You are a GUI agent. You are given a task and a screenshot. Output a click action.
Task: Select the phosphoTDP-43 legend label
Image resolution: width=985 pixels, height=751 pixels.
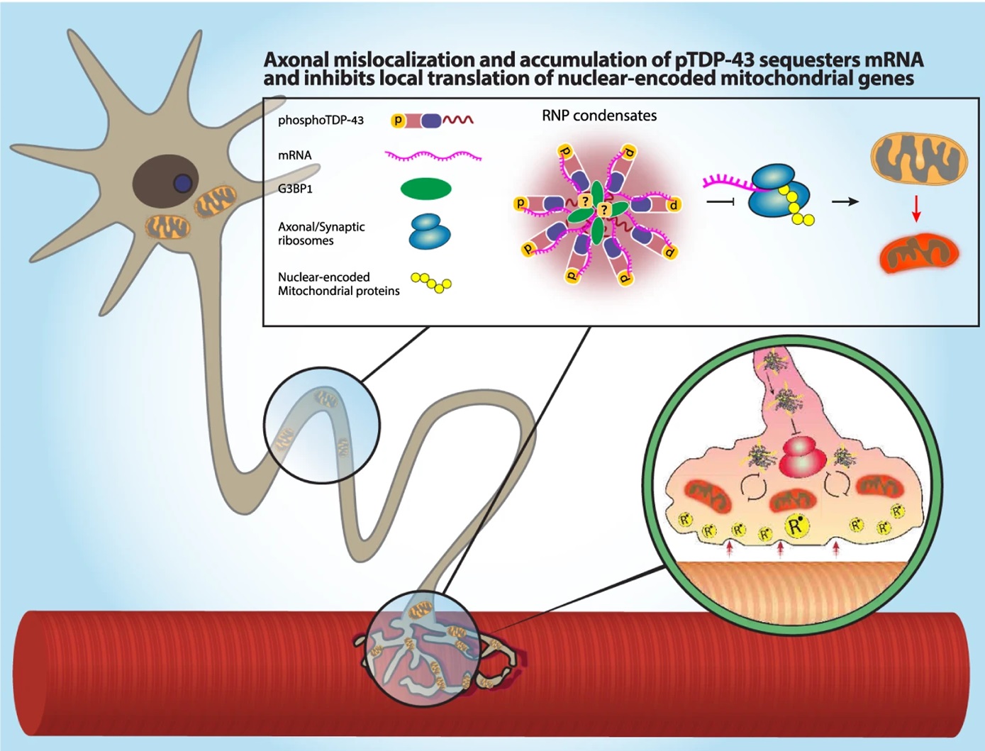click(x=321, y=121)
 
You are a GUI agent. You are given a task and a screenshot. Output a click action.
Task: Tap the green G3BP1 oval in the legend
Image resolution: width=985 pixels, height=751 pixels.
click(x=425, y=189)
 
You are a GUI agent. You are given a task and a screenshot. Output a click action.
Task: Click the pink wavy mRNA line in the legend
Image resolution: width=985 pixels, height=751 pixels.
click(x=433, y=155)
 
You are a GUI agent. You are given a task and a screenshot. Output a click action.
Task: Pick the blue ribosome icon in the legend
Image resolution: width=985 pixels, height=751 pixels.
click(x=429, y=231)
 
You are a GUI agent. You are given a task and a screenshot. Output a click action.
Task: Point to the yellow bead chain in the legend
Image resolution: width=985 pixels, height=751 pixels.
click(x=431, y=283)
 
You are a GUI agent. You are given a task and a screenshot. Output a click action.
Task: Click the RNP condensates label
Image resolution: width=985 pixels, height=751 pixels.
click(x=599, y=116)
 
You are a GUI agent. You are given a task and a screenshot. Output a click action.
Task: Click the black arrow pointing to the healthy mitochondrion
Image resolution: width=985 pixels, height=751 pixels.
click(x=845, y=201)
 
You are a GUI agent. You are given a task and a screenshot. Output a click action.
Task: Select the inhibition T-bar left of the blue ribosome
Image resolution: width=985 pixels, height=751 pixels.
click(x=719, y=202)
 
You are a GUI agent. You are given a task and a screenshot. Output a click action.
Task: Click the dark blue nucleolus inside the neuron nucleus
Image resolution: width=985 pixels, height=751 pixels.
click(x=183, y=183)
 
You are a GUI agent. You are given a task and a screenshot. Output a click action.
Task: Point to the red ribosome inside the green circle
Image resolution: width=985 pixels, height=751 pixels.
click(x=800, y=457)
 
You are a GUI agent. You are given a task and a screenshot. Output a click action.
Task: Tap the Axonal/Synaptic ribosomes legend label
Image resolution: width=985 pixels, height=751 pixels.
click(x=321, y=233)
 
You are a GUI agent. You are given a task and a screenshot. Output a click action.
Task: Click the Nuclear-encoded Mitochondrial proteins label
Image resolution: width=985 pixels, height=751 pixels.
click(x=338, y=284)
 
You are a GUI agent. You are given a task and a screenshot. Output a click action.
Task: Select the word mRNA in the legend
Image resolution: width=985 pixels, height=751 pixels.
click(x=294, y=155)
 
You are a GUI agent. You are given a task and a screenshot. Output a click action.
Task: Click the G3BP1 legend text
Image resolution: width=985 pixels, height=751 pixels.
click(x=295, y=189)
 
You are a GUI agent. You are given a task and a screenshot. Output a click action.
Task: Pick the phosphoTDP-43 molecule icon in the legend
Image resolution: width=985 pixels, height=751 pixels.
click(x=432, y=121)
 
